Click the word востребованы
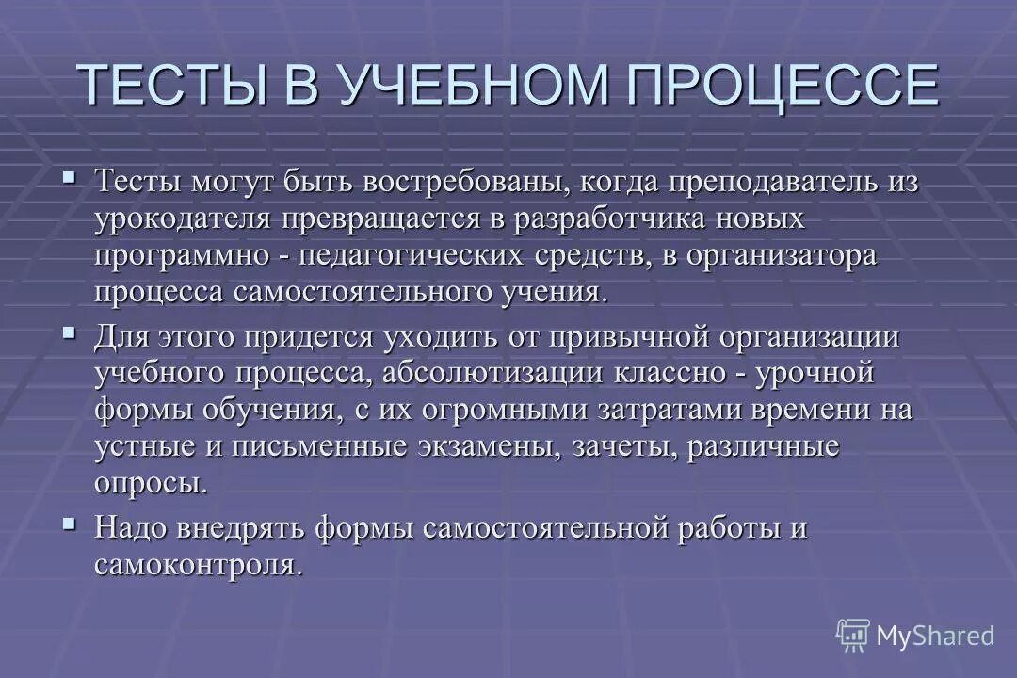pos(441,182)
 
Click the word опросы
pos(150,484)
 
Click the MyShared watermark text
pos(934,637)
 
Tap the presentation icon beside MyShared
pos(853,636)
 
